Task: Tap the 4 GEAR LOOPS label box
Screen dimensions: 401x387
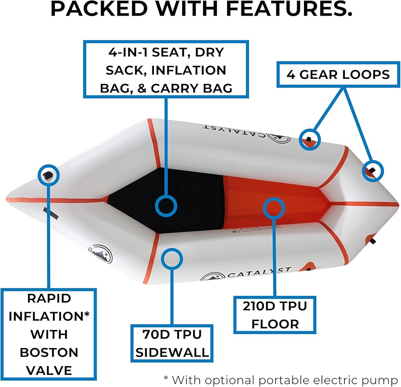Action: tap(338, 74)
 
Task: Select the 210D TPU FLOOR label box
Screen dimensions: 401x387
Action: tap(275, 315)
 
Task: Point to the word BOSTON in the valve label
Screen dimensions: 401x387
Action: tap(49, 352)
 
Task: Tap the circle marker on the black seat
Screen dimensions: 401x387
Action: tap(166, 206)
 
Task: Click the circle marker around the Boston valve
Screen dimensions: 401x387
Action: tap(49, 174)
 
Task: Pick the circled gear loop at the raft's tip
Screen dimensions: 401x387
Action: tap(373, 171)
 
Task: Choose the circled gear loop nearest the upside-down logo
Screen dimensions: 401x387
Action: tap(310, 139)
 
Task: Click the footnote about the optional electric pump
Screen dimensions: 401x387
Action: tap(280, 379)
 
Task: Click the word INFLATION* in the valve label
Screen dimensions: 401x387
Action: tap(49, 316)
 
